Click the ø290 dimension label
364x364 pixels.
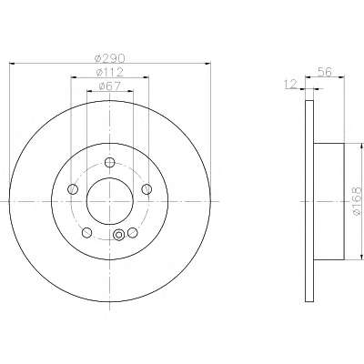pos(109,57)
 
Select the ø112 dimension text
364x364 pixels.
pos(109,72)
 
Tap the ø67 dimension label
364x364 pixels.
pos(109,86)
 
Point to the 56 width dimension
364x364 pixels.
pos(325,72)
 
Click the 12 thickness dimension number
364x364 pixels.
pos(291,84)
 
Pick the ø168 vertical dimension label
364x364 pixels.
pos(358,201)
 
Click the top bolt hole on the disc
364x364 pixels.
pos(109,163)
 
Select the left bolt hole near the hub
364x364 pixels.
pos(73,189)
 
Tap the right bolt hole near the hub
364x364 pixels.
pos(147,189)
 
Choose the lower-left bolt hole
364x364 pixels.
pos(87,233)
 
